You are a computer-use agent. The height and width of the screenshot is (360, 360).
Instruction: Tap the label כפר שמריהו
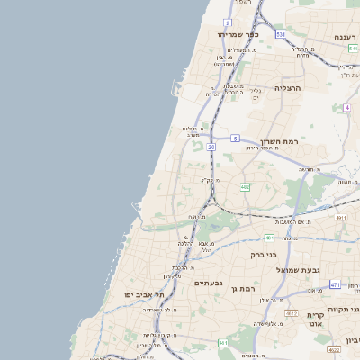pos(238,34)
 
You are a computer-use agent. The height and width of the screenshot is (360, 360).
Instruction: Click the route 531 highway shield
pos(281,34)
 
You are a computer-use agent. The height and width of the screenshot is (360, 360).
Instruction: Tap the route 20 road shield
pos(211,145)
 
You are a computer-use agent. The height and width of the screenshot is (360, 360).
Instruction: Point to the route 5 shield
pos(235,138)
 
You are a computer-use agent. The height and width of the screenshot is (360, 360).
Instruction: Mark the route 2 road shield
pos(228,22)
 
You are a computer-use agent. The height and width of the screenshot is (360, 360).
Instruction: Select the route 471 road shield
pos(335,284)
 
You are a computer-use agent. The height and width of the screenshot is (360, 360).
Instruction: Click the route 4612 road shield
pos(291,313)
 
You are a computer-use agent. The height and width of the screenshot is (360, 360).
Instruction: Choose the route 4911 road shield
pos(340,217)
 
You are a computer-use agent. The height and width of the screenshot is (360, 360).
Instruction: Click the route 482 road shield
pos(246,187)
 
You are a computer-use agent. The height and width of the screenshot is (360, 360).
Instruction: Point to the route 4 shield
pos(346,107)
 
